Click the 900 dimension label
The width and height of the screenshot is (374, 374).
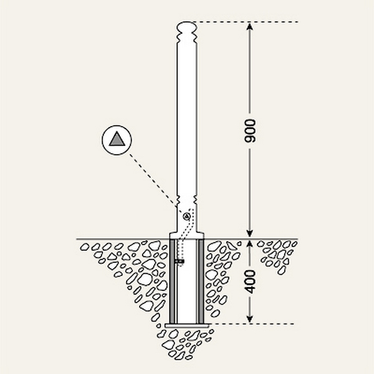coord(250,131)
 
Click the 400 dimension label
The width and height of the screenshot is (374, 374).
coord(250,282)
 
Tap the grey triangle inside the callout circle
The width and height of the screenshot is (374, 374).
coord(117,140)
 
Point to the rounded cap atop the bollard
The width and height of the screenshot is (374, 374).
coord(187,26)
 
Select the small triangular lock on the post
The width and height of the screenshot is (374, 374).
coord(186,216)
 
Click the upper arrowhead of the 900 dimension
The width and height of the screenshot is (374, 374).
coord(249,26)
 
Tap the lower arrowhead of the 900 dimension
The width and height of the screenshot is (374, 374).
coord(249,234)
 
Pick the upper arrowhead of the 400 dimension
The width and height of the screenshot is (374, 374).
coord(249,244)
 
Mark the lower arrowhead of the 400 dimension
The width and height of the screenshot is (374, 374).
coord(249,319)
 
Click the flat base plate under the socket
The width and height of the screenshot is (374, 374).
coord(187,325)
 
